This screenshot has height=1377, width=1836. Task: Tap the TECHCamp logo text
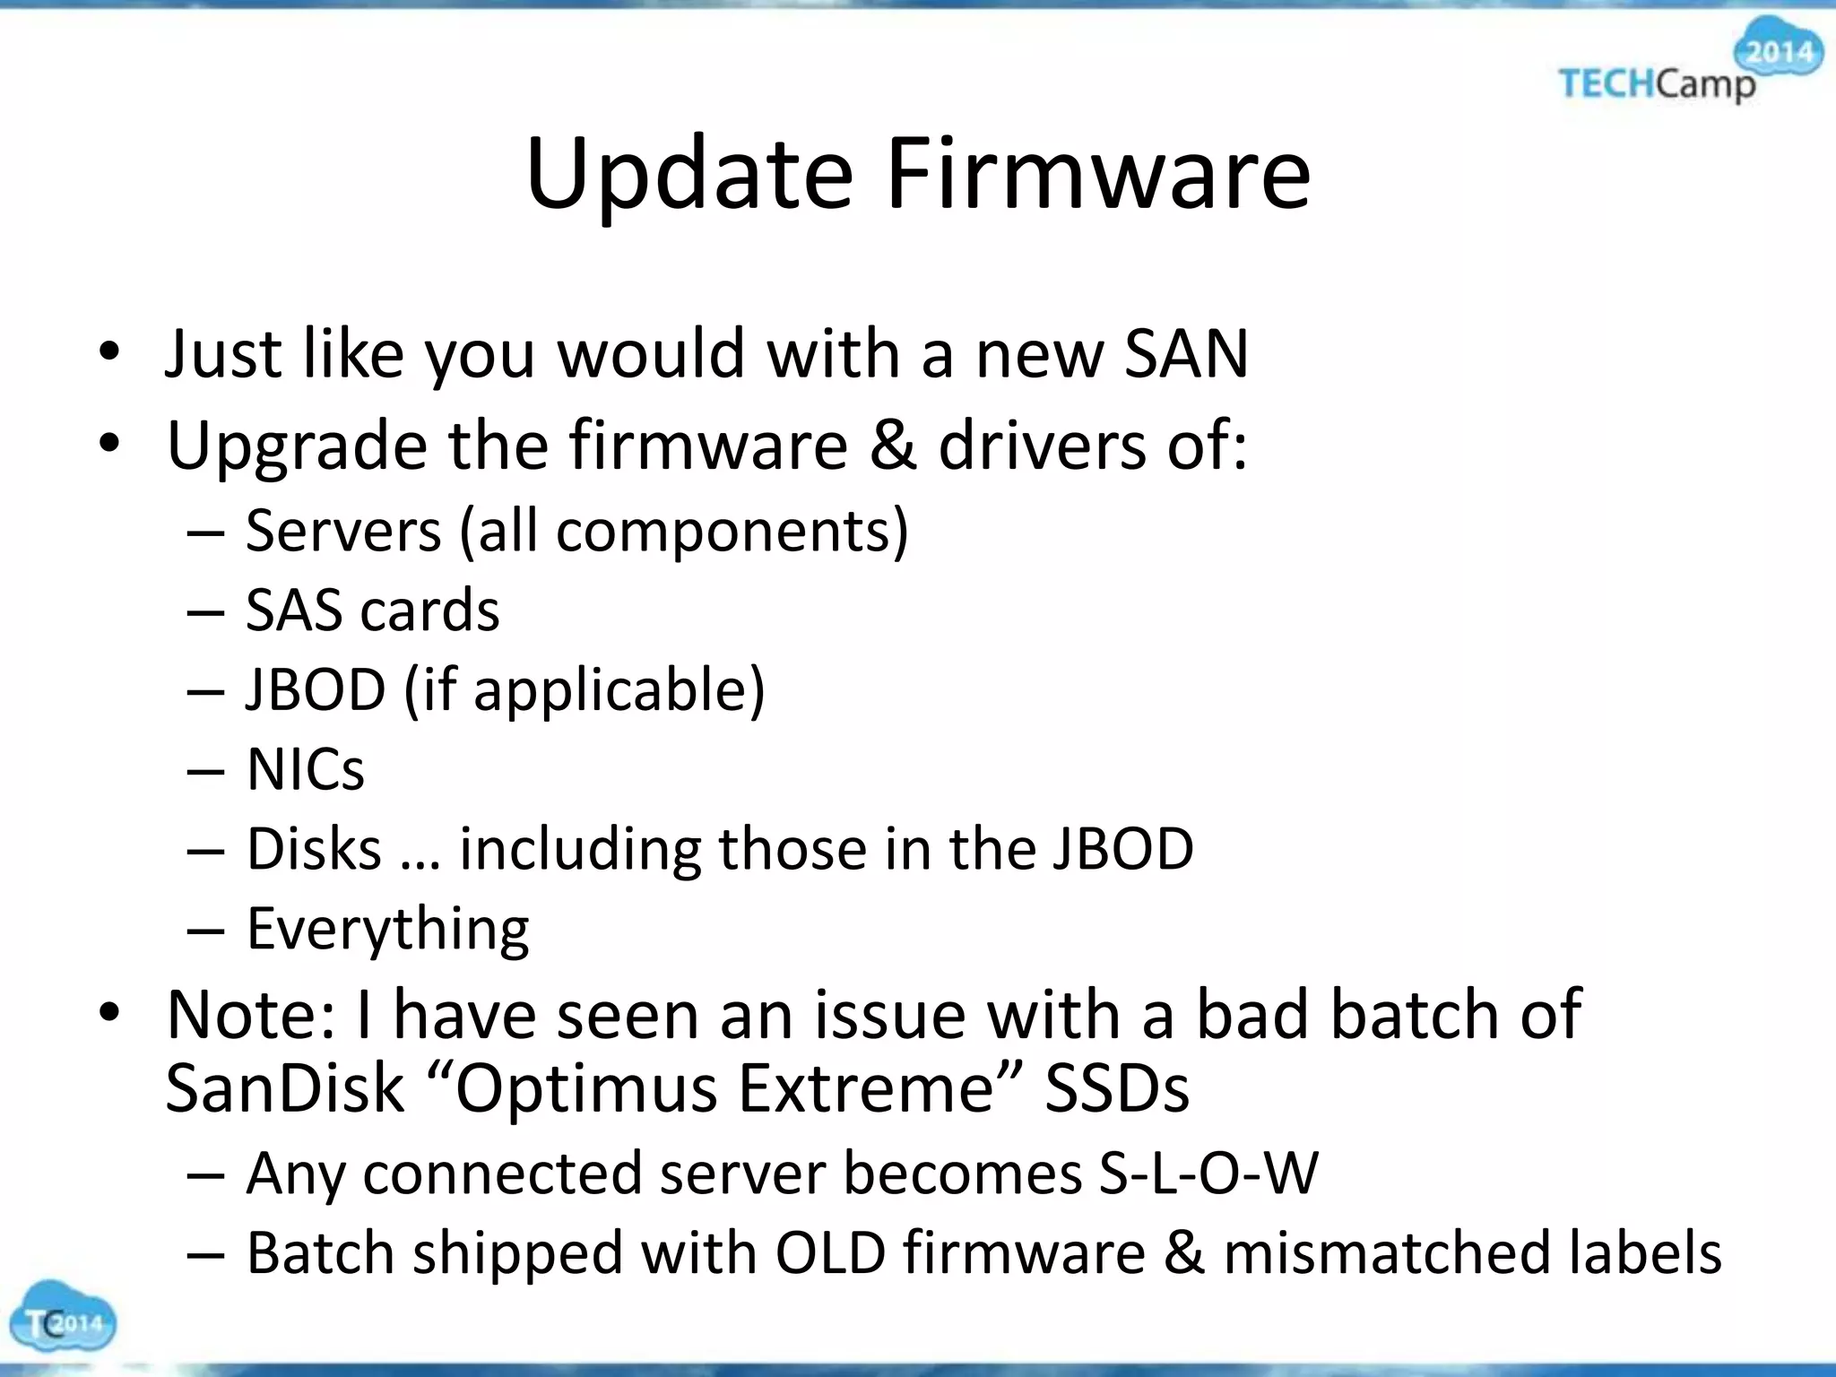point(1657,85)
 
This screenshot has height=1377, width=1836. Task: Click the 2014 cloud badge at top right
point(1780,51)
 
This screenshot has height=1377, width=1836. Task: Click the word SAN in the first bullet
point(1185,353)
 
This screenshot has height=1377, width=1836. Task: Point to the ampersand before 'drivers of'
point(893,445)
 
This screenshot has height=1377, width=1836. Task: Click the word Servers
point(343,531)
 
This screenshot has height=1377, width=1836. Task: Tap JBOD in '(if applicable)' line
point(316,689)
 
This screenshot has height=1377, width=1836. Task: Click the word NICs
point(306,769)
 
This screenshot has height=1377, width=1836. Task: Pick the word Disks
point(314,848)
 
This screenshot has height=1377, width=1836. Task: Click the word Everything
point(387,928)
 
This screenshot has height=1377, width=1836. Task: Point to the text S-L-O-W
point(1208,1173)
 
